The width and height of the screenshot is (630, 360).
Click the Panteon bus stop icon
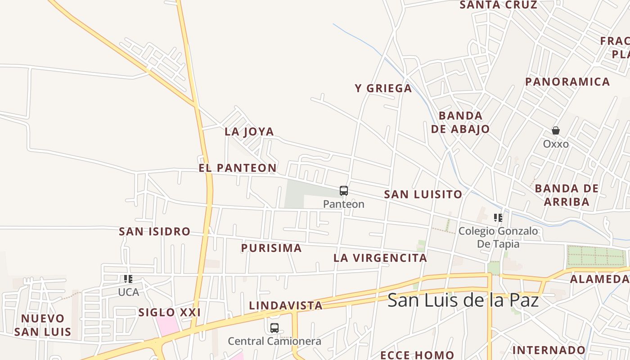[x=344, y=191]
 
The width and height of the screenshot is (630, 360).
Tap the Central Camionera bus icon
[x=274, y=328]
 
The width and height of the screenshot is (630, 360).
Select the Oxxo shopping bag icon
[x=556, y=131]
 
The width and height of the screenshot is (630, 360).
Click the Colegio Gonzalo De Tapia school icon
[x=498, y=218]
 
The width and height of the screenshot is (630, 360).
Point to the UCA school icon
[x=128, y=279]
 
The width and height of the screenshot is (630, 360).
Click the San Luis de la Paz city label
[x=463, y=300]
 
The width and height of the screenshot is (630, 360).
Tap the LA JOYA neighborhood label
[x=249, y=132]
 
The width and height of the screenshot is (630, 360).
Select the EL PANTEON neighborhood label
[x=238, y=168]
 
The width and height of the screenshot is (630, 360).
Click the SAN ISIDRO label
[x=154, y=232]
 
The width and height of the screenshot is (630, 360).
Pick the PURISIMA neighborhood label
[x=271, y=248]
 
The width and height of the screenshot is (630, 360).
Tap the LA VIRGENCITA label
[x=380, y=258]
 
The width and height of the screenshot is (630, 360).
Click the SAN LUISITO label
[x=423, y=194]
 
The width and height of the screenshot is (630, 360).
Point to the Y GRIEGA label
[x=383, y=89]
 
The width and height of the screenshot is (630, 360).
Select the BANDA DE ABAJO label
[x=460, y=122]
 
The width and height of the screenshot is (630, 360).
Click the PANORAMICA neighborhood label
[x=568, y=82]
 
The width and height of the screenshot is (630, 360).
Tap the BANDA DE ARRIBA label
[x=567, y=195]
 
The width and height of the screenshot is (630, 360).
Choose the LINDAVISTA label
[x=286, y=306]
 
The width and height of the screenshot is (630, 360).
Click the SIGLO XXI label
[x=170, y=312]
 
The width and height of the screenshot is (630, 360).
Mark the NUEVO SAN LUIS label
[x=43, y=325]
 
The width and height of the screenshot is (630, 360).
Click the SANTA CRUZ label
[x=498, y=5]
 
